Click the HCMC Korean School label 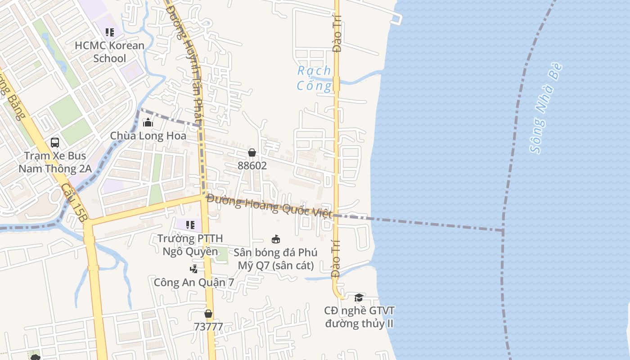pyautogui.click(x=110, y=52)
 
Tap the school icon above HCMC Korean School pyautogui.click(x=110, y=32)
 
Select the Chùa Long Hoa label pyautogui.click(x=148, y=136)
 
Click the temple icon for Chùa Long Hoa pyautogui.click(x=148, y=122)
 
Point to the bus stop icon pyautogui.click(x=55, y=143)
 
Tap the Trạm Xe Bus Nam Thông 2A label pyautogui.click(x=55, y=162)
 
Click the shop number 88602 pyautogui.click(x=252, y=166)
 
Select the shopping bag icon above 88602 pyautogui.click(x=252, y=153)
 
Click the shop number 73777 pyautogui.click(x=208, y=327)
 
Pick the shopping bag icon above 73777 pyautogui.click(x=208, y=314)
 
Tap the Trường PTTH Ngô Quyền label pyautogui.click(x=190, y=245)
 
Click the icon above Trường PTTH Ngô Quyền pyautogui.click(x=190, y=225)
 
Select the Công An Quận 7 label pyautogui.click(x=194, y=283)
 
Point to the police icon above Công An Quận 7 pyautogui.click(x=193, y=270)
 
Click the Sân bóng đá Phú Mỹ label pyautogui.click(x=275, y=259)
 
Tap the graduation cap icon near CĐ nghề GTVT pyautogui.click(x=359, y=297)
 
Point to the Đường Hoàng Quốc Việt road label pyautogui.click(x=270, y=206)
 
